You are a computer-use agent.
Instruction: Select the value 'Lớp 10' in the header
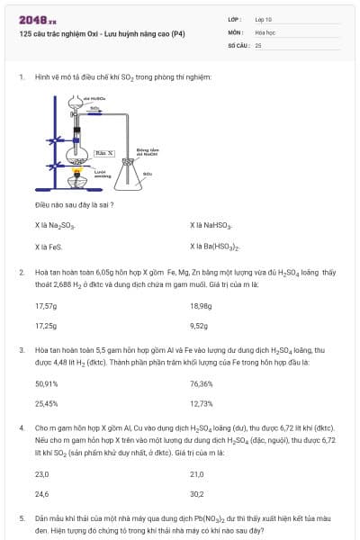click(x=265, y=19)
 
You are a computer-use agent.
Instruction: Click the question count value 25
click(x=258, y=44)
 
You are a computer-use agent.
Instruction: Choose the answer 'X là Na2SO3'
click(x=55, y=226)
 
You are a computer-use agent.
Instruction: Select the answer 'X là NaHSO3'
click(x=211, y=226)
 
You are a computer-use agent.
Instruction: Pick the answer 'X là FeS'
click(x=48, y=246)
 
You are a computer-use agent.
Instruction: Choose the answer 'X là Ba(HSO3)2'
click(x=215, y=246)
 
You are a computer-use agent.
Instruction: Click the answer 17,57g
click(x=46, y=305)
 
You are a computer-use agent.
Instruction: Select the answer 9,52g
click(x=200, y=325)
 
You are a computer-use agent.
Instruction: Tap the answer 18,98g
click(x=202, y=305)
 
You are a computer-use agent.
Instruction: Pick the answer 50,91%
click(x=47, y=384)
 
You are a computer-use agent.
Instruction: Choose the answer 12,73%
click(x=202, y=404)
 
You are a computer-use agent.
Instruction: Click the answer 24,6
click(x=41, y=494)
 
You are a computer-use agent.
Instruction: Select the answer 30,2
click(x=197, y=494)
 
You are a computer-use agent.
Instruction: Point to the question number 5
click(x=22, y=518)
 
